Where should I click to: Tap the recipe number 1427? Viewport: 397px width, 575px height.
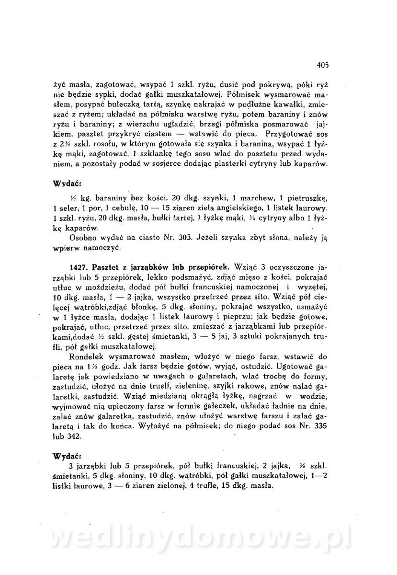(x=78, y=266)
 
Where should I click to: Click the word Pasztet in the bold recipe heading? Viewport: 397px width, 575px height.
(x=106, y=266)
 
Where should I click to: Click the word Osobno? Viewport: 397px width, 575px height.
(x=82, y=237)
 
